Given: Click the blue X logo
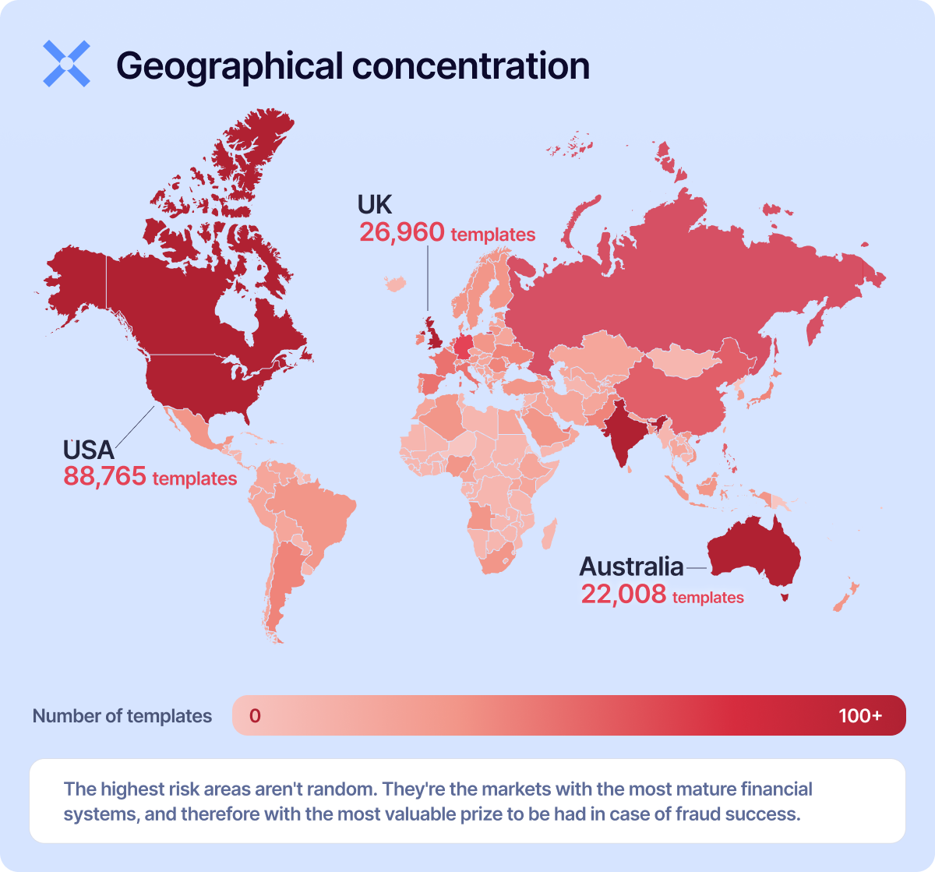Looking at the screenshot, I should [x=66, y=63].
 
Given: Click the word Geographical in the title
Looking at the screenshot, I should [x=229, y=67].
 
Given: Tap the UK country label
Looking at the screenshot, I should [x=374, y=204].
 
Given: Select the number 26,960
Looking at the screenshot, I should [x=402, y=232].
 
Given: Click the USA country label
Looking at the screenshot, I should [x=88, y=450].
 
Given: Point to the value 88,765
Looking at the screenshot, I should [x=104, y=476].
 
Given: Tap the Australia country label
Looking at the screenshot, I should [x=631, y=566].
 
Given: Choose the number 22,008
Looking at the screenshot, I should [x=623, y=595].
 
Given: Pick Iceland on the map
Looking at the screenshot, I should [x=397, y=284].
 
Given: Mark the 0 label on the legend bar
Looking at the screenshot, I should [x=255, y=715].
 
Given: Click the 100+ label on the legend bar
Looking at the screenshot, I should [x=860, y=715].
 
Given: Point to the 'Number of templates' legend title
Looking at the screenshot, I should [x=122, y=716].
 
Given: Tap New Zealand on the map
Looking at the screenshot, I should [x=845, y=595].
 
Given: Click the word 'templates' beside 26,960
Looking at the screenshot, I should [x=492, y=235].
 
